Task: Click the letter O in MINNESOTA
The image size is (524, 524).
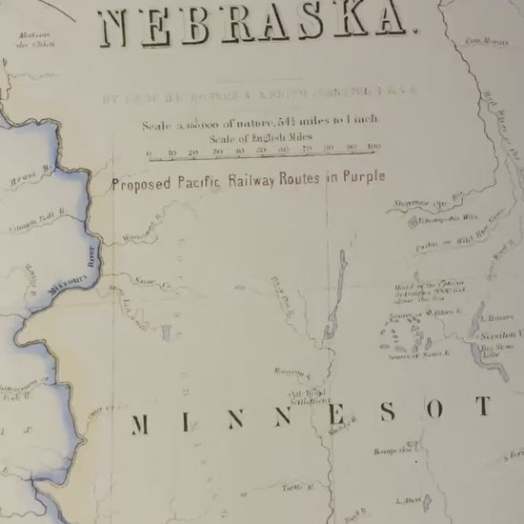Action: pyautogui.click(x=434, y=410)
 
